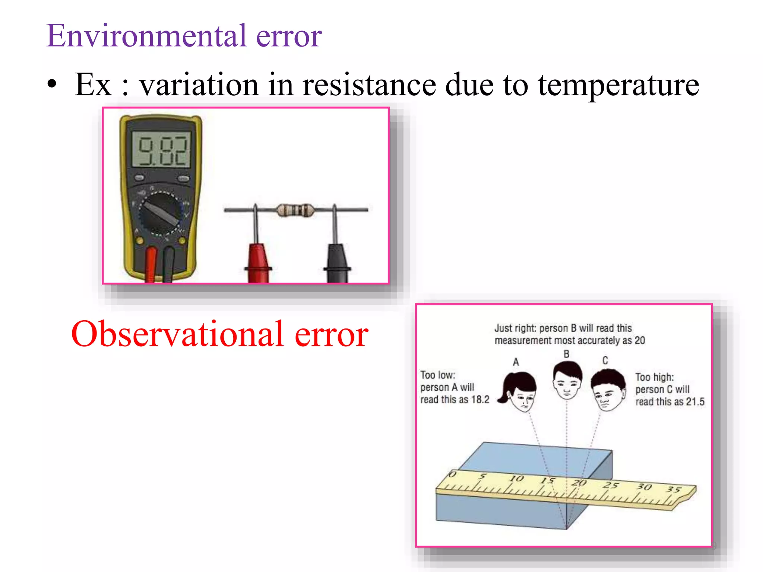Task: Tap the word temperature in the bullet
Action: (x=618, y=85)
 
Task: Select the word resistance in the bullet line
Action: (x=369, y=85)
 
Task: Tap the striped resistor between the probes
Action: (x=294, y=210)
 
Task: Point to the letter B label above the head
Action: (x=566, y=354)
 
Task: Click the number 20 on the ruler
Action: (x=579, y=483)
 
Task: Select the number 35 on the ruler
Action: (x=674, y=489)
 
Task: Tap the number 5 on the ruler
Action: (x=483, y=476)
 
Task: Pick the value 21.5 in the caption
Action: (x=695, y=402)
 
